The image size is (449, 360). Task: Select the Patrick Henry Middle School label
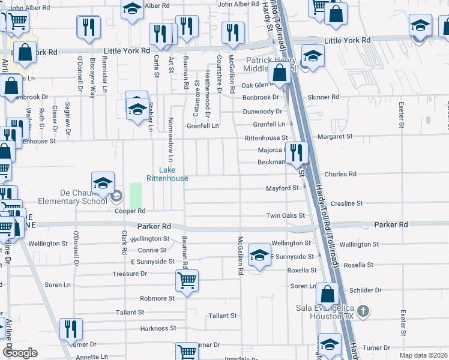pos(271,64)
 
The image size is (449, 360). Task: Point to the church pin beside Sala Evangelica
pos(362,311)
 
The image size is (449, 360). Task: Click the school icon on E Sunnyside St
pos(259,255)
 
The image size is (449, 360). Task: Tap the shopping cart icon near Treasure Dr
pos(187,280)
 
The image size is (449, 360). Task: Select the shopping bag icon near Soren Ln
pos(327,294)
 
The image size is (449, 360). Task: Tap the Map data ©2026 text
pos(424,355)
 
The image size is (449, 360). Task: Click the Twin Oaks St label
pos(286,215)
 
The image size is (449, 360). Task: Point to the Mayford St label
pos(283,188)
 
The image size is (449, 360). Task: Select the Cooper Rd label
pos(131,211)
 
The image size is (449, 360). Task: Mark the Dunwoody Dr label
pos(262,112)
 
